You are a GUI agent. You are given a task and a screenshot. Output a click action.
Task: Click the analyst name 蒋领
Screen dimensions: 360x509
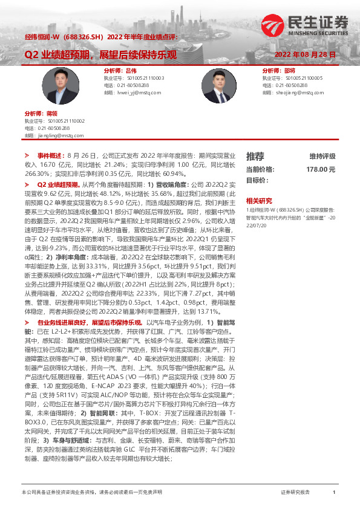(50, 114)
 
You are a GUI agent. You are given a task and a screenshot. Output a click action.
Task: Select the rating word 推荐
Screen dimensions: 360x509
(255, 156)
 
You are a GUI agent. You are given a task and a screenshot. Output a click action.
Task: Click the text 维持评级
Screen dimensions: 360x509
(322, 156)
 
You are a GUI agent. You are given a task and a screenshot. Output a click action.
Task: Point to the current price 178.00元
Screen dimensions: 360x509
(321, 170)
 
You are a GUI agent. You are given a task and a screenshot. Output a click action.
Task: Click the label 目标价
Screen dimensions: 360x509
(257, 180)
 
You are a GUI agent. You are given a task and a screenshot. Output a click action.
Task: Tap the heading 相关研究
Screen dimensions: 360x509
(258, 200)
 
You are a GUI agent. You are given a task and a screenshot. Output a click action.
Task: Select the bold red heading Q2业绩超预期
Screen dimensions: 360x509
(57, 184)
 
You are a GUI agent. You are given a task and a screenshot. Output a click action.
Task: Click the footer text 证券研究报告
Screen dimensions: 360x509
(295, 493)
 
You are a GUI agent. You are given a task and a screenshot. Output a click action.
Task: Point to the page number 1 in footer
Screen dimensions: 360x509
(334, 493)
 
